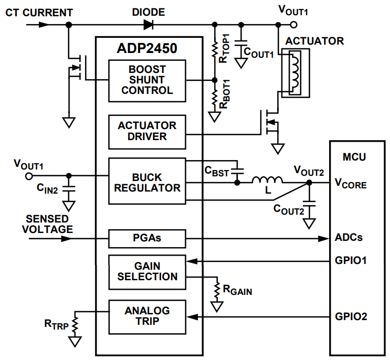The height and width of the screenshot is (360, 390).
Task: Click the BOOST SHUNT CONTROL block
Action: click(147, 80)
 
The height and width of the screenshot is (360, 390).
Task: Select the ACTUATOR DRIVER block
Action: click(147, 131)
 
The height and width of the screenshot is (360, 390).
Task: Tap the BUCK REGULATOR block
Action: click(147, 181)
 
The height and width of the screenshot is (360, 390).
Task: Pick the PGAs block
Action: click(147, 238)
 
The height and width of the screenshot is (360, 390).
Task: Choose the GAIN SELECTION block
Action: click(147, 271)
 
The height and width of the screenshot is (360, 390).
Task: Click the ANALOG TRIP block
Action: click(147, 316)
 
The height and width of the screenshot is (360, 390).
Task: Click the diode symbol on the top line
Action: click(148, 24)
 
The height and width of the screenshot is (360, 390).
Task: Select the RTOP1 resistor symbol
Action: click(214, 49)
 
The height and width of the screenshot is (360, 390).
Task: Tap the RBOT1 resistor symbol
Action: click(214, 98)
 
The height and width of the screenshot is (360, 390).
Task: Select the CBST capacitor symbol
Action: click(237, 171)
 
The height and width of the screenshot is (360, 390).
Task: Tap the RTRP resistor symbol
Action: click(76, 324)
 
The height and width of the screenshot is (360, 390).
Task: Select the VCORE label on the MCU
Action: click(351, 184)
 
